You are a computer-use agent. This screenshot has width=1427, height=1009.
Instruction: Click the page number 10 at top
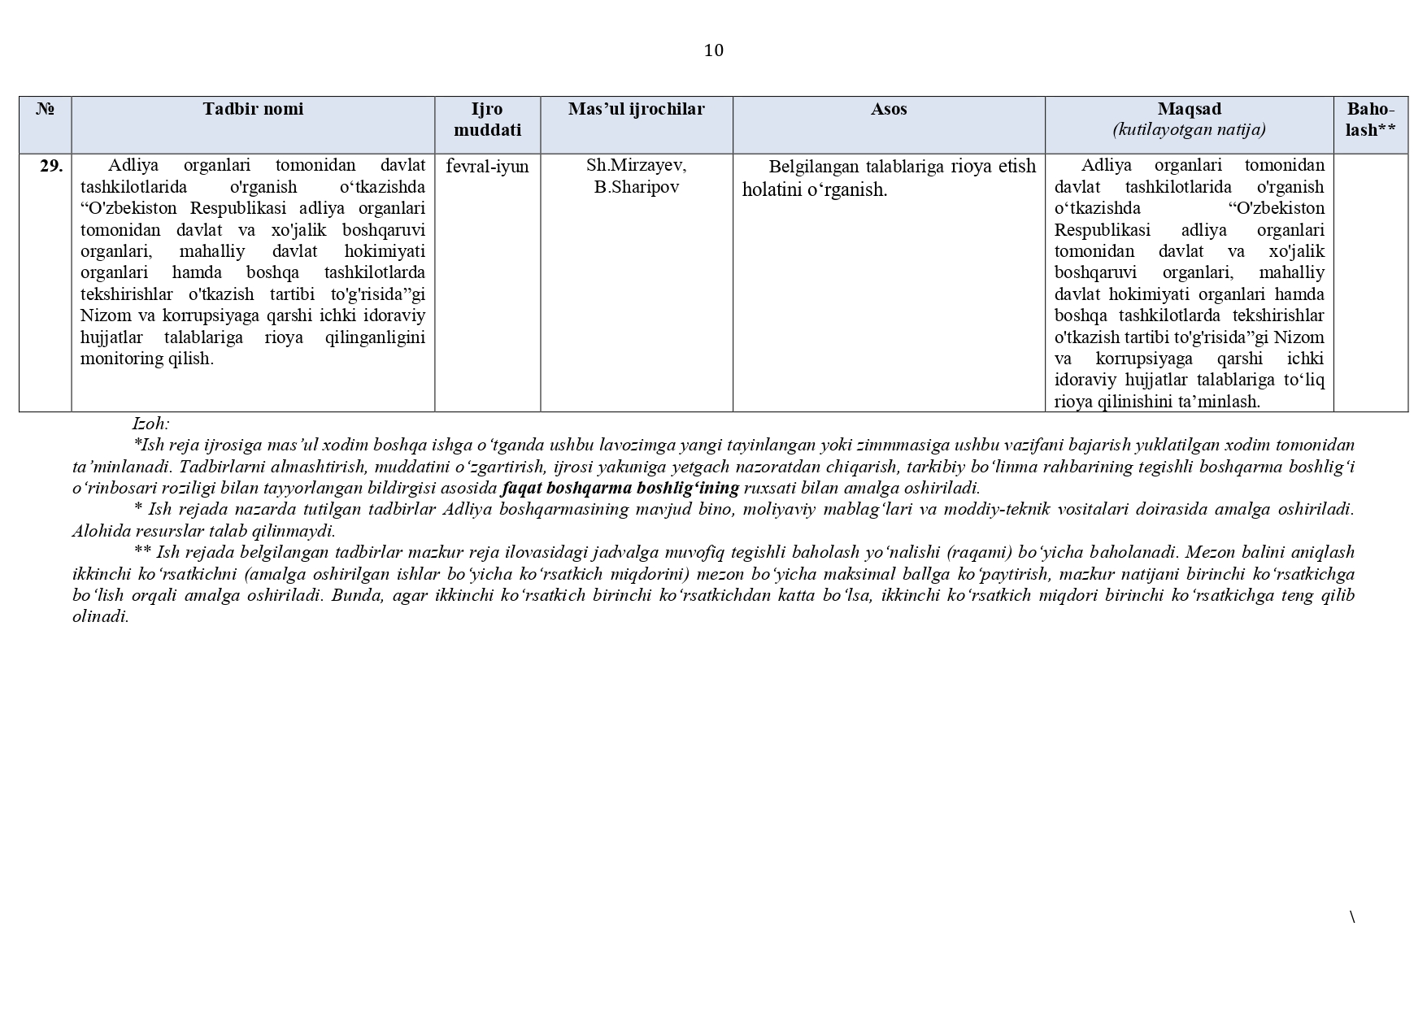click(713, 50)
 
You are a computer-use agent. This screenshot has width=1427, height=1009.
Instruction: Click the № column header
click(46, 109)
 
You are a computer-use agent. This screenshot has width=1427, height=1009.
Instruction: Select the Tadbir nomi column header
click(253, 109)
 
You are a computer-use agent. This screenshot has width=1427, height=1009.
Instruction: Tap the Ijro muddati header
click(487, 120)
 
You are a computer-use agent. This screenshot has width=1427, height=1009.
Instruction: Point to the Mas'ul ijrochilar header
click(636, 109)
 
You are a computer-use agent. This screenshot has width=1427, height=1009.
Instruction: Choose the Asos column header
click(889, 109)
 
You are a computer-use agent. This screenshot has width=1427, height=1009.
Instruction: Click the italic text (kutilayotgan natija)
click(1189, 129)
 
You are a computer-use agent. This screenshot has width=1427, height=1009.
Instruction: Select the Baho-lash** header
click(1370, 120)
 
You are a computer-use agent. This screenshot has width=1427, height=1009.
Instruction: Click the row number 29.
click(51, 166)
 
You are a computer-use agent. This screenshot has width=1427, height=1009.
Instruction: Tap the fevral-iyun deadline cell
click(487, 166)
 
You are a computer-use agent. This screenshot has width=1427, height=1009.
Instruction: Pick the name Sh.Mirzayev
click(636, 166)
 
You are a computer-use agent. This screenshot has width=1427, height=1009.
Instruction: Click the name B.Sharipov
click(636, 187)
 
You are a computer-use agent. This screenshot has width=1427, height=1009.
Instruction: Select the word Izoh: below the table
click(150, 424)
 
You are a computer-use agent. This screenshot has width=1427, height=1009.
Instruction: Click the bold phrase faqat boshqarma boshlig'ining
click(620, 488)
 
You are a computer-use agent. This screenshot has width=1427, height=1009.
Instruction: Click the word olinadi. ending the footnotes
click(101, 616)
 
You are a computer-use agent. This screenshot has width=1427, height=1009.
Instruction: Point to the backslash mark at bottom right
click(1352, 917)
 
